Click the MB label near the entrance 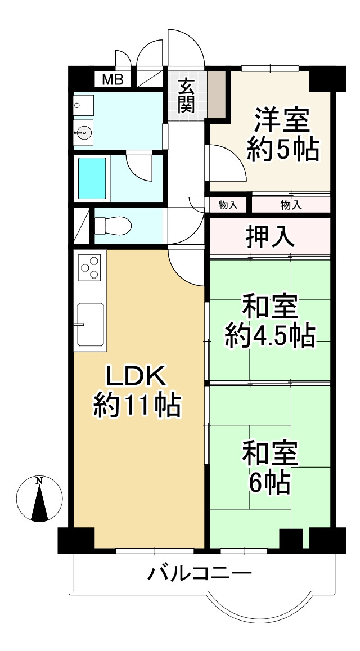point(112,79)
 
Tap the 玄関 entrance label point(187,96)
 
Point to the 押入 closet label point(270,236)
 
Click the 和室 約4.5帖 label point(269,321)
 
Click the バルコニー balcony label point(199,574)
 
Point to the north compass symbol point(39,498)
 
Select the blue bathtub point(92,178)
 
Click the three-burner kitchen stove point(90,268)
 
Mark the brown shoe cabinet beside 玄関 point(217,94)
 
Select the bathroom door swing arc point(139,167)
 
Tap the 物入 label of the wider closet point(291,205)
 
